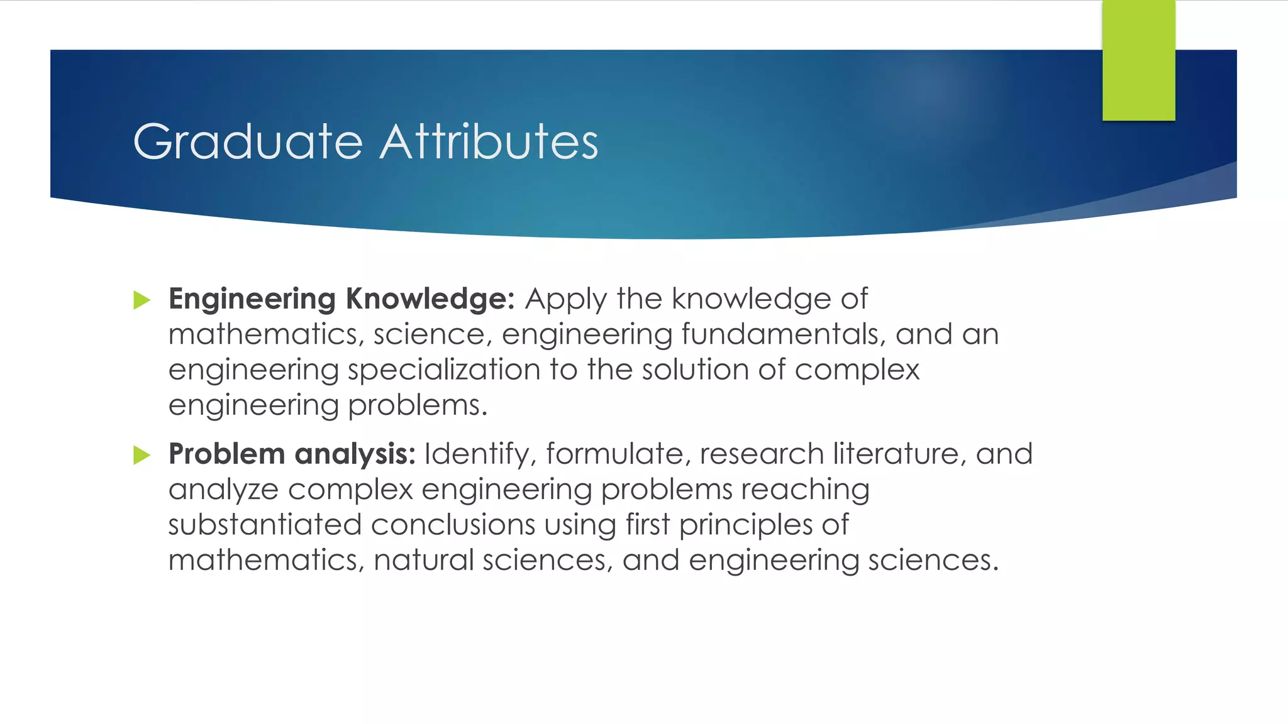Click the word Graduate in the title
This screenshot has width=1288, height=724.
pos(248,142)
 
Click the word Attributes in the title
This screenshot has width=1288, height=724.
pos(489,142)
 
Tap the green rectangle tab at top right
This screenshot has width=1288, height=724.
pos(1138,60)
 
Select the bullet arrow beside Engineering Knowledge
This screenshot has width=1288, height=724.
pos(142,300)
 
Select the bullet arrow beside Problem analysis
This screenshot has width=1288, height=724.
pos(142,455)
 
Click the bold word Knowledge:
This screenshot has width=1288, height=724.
pos(430,299)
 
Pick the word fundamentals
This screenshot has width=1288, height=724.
pos(784,334)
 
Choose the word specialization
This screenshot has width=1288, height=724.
pos(444,370)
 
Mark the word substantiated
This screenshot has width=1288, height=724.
pos(265,525)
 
